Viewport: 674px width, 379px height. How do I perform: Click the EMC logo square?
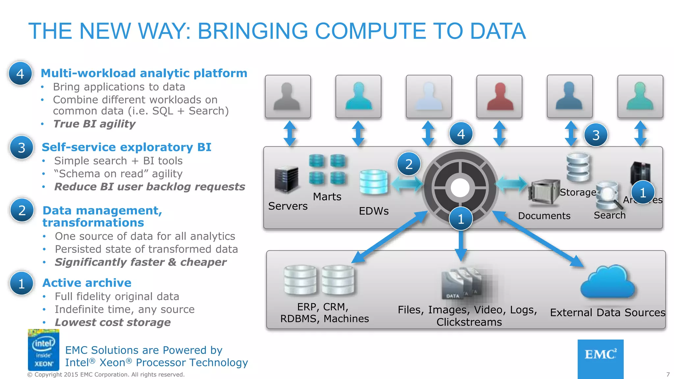600,359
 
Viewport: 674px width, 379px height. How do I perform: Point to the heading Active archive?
87,283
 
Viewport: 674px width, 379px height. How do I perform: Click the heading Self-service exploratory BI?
126,147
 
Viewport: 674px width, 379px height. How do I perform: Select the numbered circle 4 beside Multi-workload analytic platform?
20,74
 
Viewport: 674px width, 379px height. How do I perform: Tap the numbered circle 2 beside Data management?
22,210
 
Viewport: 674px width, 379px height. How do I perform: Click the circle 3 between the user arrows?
596,135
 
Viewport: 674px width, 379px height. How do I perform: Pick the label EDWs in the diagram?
374,211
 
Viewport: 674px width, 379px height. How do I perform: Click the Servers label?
288,206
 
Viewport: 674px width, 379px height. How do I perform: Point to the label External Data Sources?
608,312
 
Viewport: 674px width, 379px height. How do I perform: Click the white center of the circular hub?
460,188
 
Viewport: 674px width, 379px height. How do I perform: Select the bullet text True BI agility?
94,124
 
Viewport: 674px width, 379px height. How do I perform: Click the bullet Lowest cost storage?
113,322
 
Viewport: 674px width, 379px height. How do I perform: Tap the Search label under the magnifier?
609,215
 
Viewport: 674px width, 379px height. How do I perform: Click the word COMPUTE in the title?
371,31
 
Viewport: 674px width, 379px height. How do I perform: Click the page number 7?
668,374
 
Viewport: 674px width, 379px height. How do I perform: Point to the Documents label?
544,216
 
